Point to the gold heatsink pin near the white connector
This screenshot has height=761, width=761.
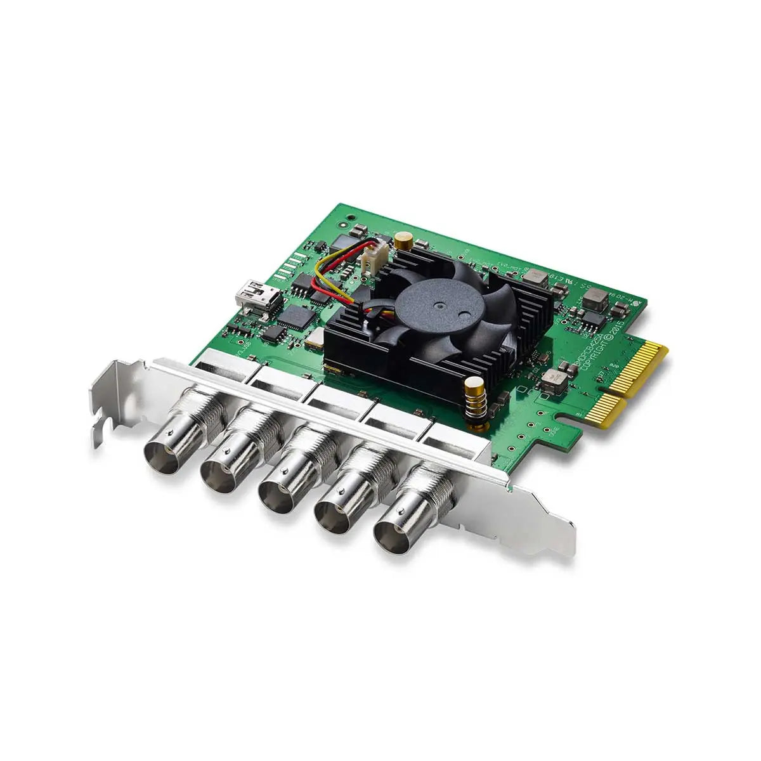pos(402,240)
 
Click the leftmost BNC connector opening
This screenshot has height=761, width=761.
pos(164,456)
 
